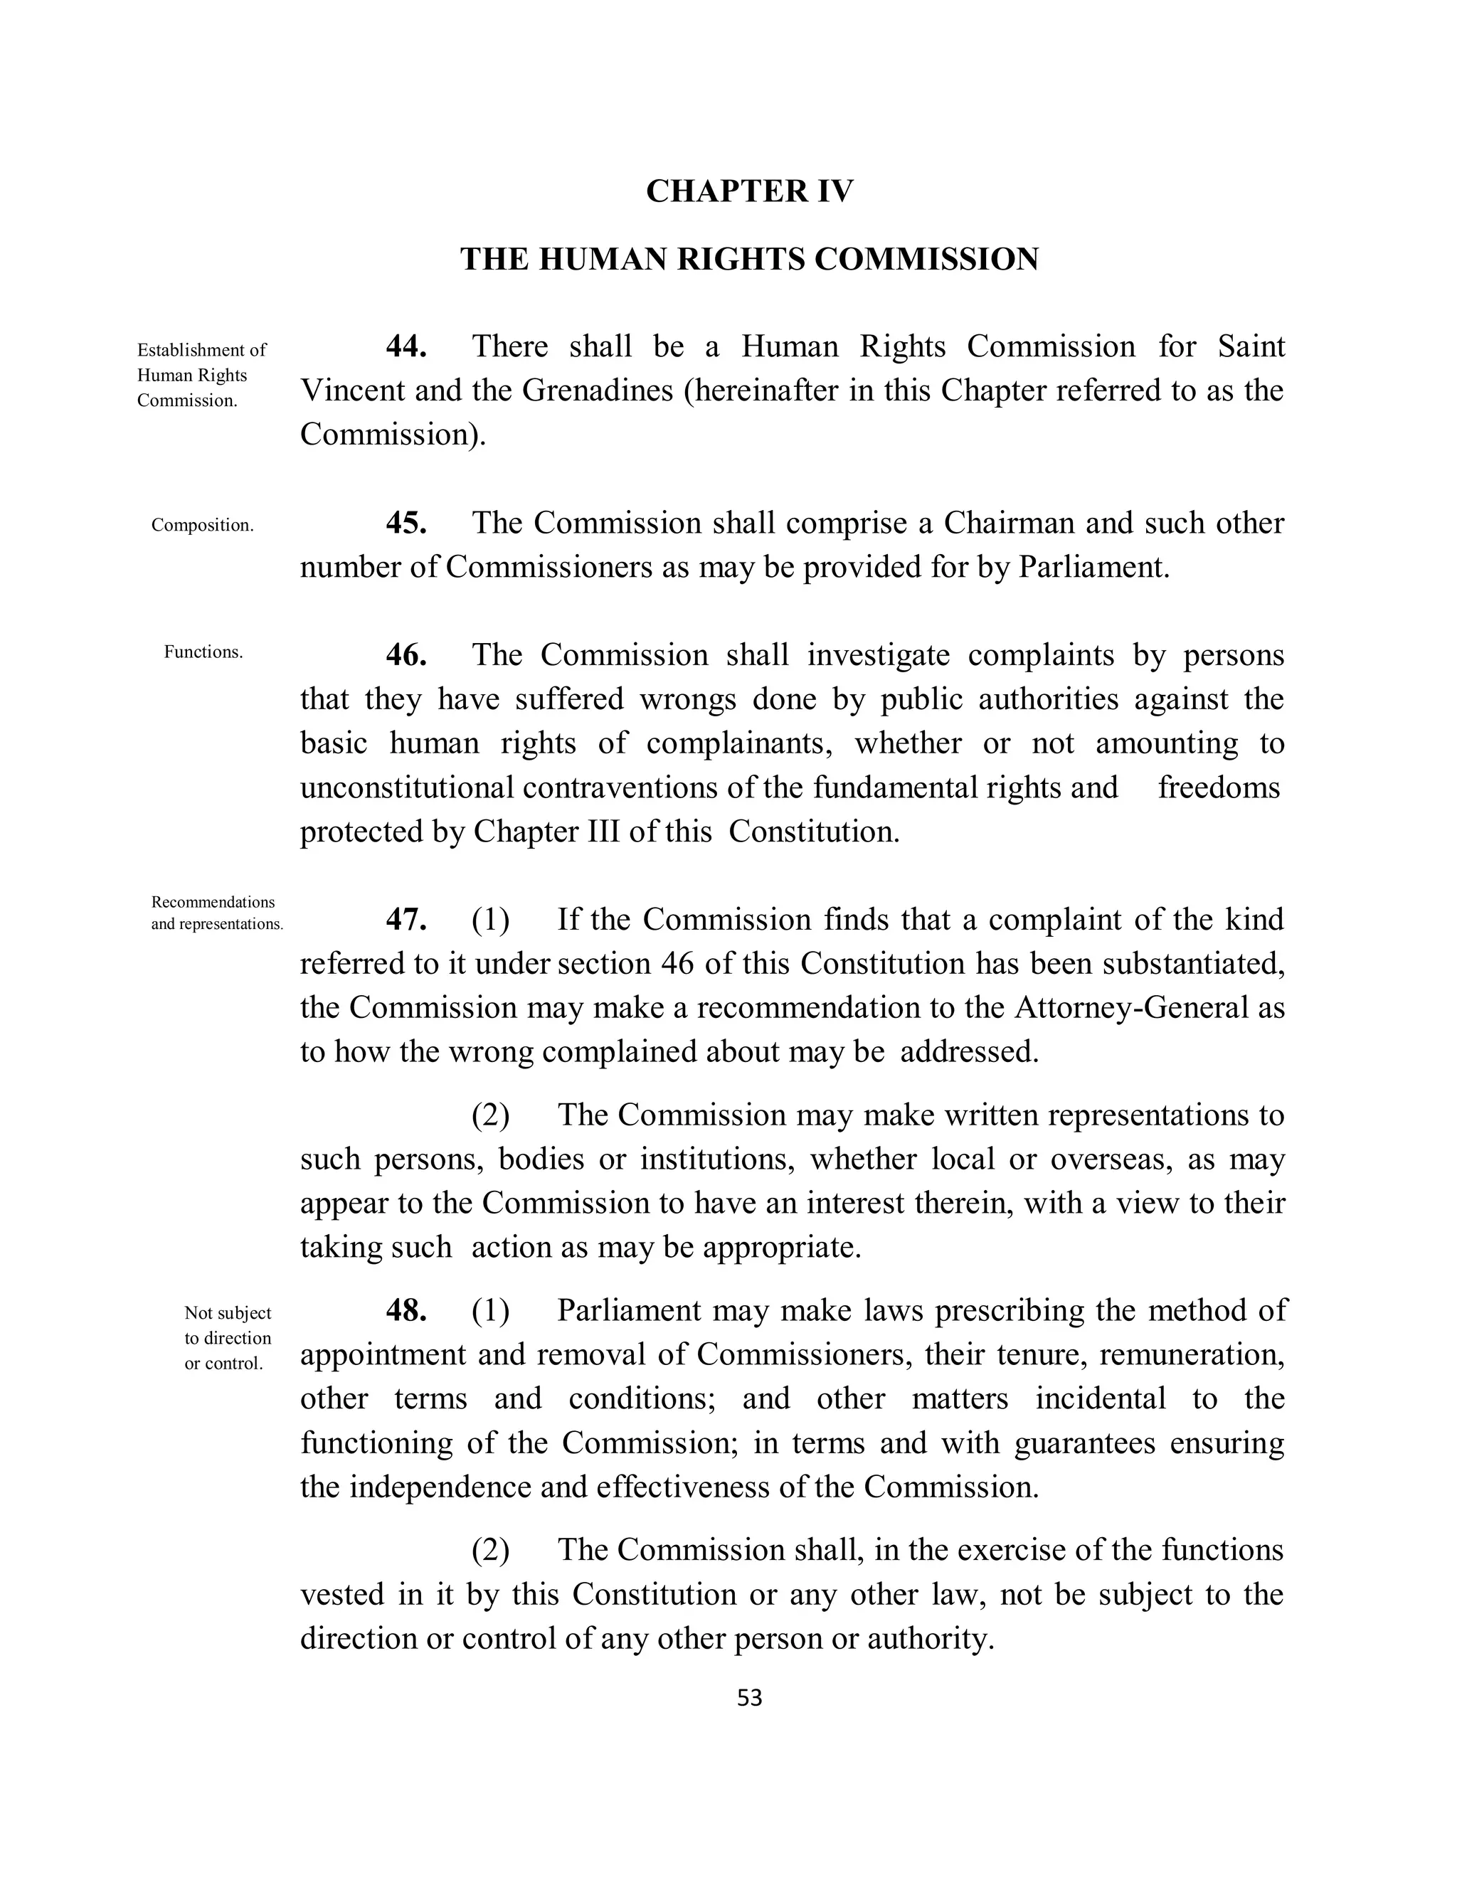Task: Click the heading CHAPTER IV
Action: point(749,191)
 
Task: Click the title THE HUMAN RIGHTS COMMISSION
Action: point(749,259)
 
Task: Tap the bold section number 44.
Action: point(406,347)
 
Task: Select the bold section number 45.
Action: point(406,523)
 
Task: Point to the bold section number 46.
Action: point(406,655)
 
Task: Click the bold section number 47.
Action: point(406,919)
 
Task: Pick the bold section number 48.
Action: point(406,1310)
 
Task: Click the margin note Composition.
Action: point(203,526)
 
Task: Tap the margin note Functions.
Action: point(203,652)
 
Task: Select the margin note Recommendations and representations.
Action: point(217,913)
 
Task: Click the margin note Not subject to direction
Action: point(228,1338)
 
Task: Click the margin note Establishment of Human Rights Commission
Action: point(202,376)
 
